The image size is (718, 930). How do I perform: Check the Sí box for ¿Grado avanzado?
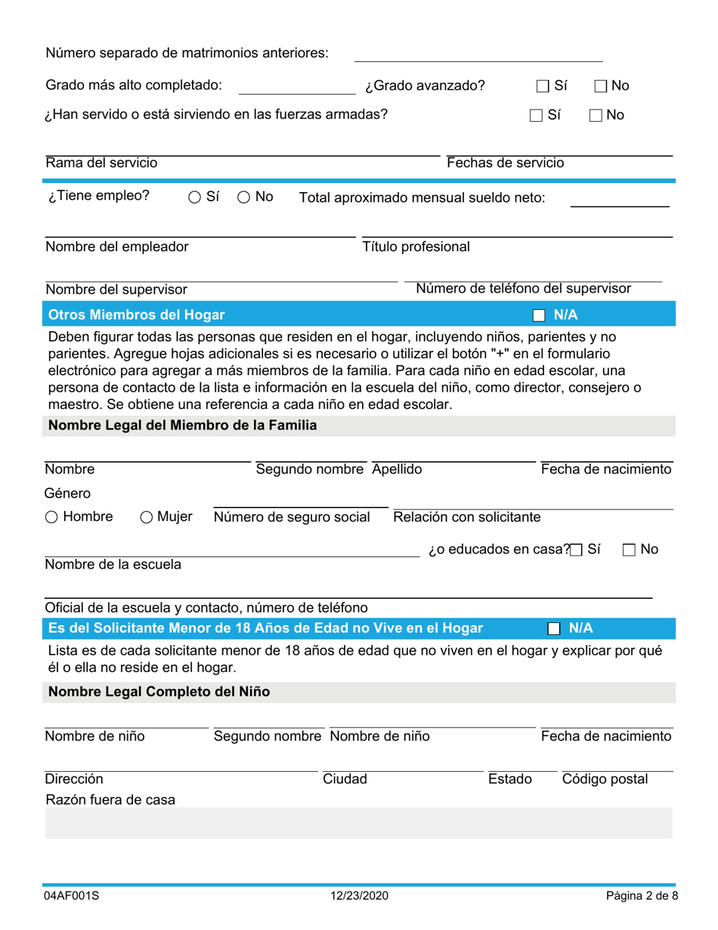pyautogui.click(x=543, y=86)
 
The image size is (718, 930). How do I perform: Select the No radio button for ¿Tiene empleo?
pyautogui.click(x=244, y=197)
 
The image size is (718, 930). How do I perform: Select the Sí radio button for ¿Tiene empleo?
pyautogui.click(x=194, y=197)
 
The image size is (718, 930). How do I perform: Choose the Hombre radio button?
pyautogui.click(x=51, y=517)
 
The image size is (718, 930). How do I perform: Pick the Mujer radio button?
pyautogui.click(x=147, y=517)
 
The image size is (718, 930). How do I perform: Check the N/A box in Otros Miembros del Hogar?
pyautogui.click(x=539, y=315)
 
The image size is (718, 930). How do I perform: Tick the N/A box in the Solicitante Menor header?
pyautogui.click(x=553, y=628)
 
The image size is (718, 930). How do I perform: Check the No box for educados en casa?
pyautogui.click(x=629, y=550)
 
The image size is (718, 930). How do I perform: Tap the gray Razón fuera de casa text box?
pyautogui.click(x=358, y=823)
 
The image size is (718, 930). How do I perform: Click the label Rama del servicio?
pyautogui.click(x=101, y=163)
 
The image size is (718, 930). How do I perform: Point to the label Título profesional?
pyautogui.click(x=416, y=246)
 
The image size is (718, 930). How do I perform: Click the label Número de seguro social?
pyautogui.click(x=292, y=517)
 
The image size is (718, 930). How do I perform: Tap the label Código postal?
pyautogui.click(x=604, y=779)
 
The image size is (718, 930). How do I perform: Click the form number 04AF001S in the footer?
pyautogui.click(x=71, y=896)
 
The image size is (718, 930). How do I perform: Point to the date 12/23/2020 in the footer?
pyautogui.click(x=359, y=896)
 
